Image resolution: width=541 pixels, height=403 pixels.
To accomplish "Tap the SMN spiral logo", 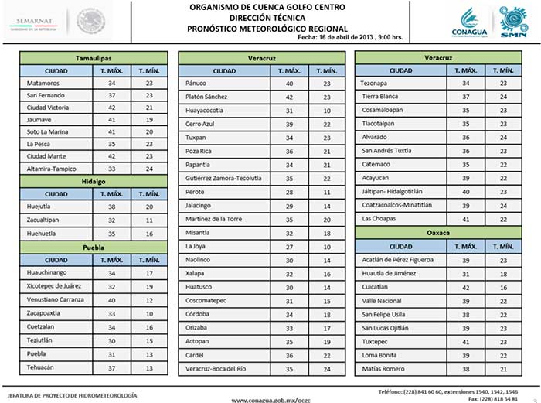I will [509, 21].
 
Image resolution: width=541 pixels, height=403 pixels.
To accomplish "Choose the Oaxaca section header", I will [439, 232].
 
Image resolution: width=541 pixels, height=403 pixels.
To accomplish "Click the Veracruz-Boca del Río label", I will [216, 368].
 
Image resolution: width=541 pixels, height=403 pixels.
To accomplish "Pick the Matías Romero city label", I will [384, 368].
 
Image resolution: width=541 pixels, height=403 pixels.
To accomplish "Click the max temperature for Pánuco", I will [289, 83].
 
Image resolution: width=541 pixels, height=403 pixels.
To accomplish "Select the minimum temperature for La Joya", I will [326, 246].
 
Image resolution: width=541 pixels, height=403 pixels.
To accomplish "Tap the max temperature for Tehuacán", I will [112, 368].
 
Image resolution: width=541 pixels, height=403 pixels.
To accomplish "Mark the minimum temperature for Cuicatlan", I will [502, 286].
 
